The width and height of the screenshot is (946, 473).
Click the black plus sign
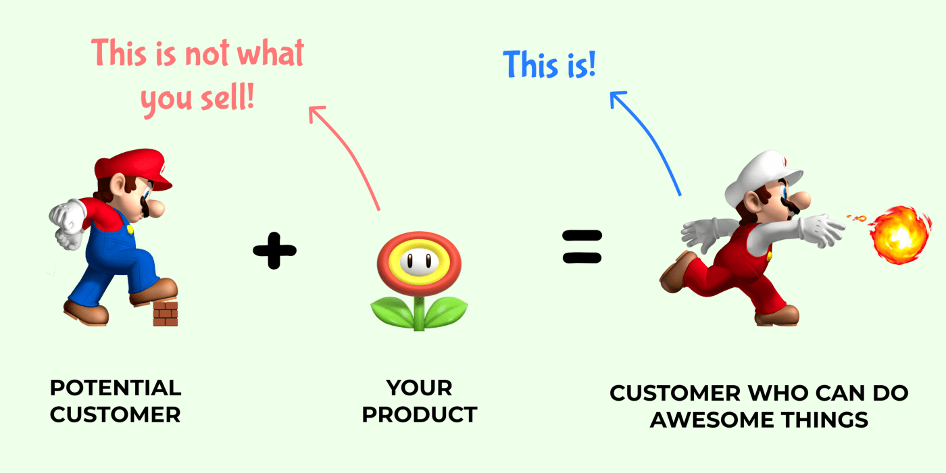click(x=274, y=251)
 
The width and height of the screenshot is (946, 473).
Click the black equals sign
click(x=582, y=247)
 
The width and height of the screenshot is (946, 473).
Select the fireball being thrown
click(x=899, y=235)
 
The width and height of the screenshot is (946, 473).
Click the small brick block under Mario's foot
click(x=165, y=314)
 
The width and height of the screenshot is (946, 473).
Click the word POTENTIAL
click(x=116, y=388)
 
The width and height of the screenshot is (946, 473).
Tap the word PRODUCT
click(x=420, y=414)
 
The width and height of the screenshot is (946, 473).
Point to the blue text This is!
click(x=549, y=65)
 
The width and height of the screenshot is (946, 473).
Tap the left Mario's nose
click(x=155, y=208)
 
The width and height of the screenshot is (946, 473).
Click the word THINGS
click(x=825, y=420)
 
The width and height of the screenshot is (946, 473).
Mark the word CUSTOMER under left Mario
click(x=116, y=414)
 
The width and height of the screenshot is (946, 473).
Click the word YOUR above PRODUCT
click(x=420, y=388)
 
